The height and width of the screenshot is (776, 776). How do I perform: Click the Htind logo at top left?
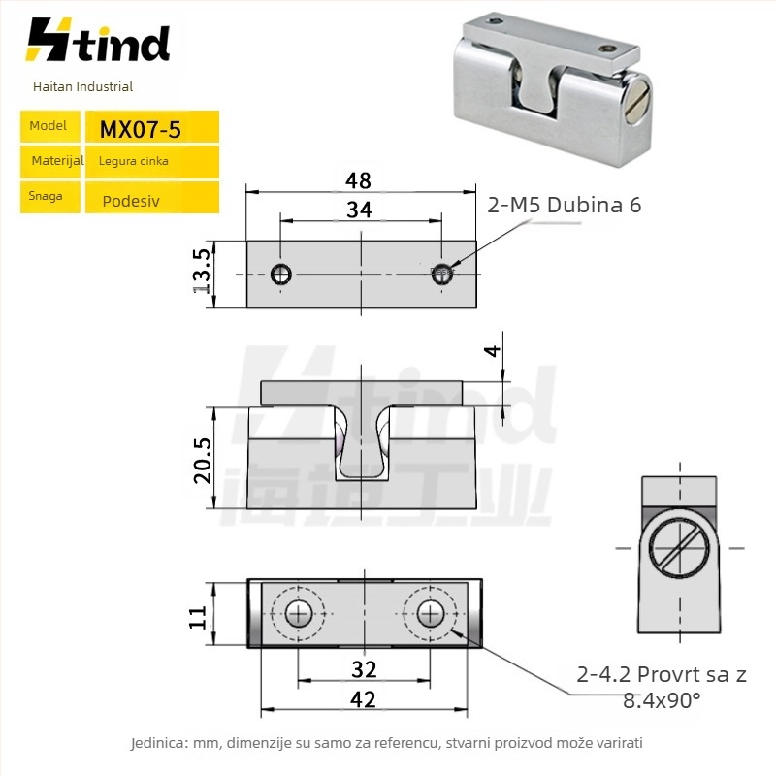tap(98, 40)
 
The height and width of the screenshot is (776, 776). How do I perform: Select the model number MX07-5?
tap(140, 130)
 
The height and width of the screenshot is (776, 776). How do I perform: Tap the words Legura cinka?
tap(134, 161)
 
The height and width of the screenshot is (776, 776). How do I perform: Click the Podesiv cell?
tap(152, 198)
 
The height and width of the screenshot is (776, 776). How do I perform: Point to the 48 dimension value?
tap(358, 180)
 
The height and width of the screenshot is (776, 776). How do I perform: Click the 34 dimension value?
tap(359, 210)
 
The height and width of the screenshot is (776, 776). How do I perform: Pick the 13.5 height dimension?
tap(202, 272)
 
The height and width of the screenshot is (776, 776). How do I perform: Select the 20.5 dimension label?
tap(203, 461)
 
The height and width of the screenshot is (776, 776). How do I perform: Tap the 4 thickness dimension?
tap(493, 351)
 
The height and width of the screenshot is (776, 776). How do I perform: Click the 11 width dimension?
tap(198, 617)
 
